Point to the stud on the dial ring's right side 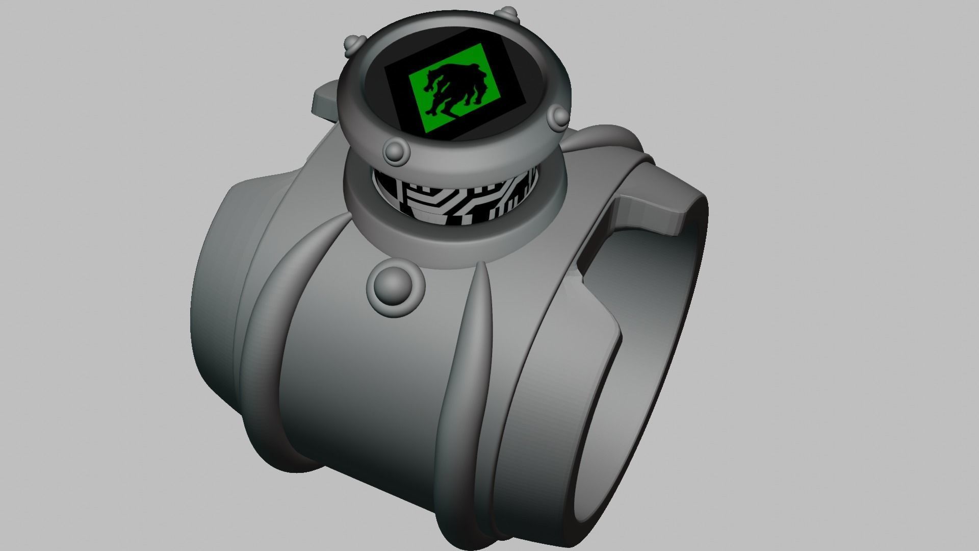(559, 116)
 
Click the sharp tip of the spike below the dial (480, 265)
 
